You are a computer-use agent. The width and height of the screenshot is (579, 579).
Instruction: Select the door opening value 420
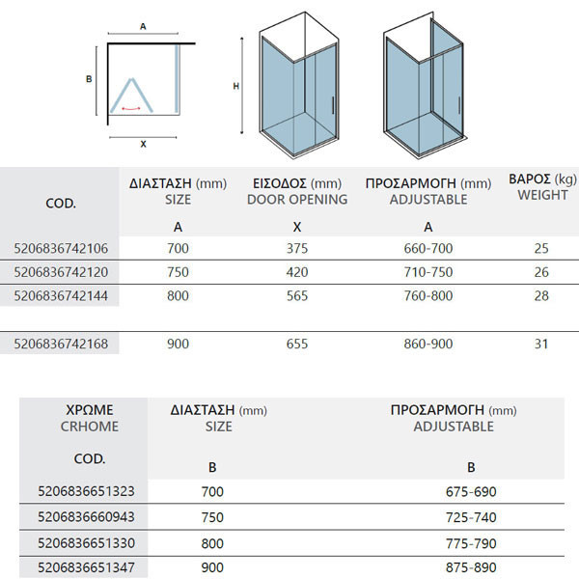(298, 271)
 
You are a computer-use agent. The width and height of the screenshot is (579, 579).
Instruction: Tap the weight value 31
(540, 344)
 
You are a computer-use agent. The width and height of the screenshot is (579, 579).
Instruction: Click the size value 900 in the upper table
(178, 344)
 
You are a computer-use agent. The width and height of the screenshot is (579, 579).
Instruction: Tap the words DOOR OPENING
(297, 200)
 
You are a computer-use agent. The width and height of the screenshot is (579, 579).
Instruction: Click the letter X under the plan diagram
(143, 144)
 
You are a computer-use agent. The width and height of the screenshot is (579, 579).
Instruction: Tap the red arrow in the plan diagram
(129, 109)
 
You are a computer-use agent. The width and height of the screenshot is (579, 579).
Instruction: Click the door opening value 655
(298, 344)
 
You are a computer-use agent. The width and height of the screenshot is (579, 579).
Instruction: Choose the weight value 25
(540, 248)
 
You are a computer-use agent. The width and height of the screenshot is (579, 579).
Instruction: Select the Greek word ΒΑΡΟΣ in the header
(528, 179)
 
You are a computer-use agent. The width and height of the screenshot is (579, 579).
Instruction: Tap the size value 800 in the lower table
(212, 542)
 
